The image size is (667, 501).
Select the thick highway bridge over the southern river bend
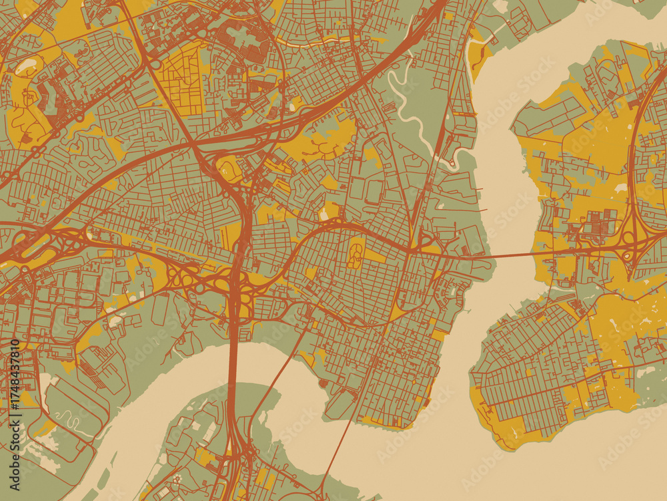click(233, 374)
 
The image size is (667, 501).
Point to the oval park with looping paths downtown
click(356, 254)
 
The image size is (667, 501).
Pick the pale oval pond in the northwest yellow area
click(27, 65)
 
